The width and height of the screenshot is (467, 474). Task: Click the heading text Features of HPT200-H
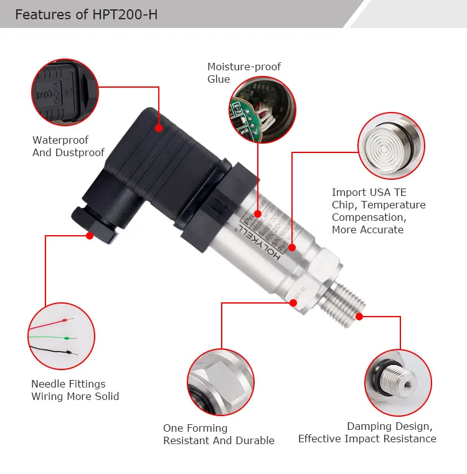pyautogui.click(x=86, y=14)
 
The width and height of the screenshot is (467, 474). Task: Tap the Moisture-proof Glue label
pyautogui.click(x=243, y=73)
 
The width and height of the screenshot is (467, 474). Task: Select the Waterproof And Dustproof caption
pyautogui.click(x=68, y=146)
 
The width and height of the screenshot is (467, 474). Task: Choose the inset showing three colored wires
pyautogui.click(x=62, y=337)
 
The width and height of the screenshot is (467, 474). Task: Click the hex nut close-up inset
pyautogui.click(x=220, y=381)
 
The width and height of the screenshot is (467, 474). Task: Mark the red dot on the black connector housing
pyautogui.click(x=159, y=128)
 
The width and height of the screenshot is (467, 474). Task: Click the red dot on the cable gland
pyautogui.click(x=90, y=236)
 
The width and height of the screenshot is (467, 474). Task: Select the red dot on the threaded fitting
pyautogui.click(x=359, y=316)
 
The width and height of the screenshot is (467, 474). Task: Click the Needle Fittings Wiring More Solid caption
pyautogui.click(x=75, y=390)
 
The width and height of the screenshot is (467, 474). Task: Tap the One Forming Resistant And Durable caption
pyautogui.click(x=219, y=434)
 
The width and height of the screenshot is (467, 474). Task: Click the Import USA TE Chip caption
pyautogui.click(x=379, y=211)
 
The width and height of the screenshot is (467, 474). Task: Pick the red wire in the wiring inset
pyautogui.click(x=50, y=325)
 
